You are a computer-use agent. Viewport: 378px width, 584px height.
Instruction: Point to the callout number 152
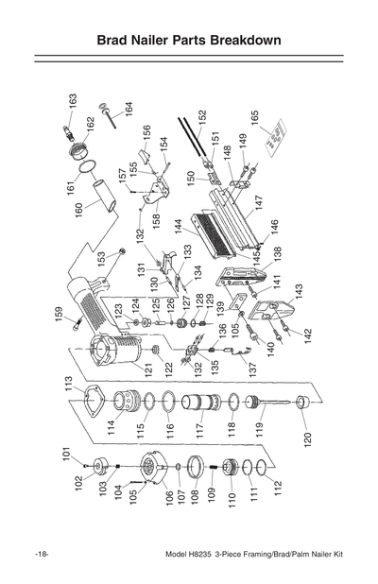201,118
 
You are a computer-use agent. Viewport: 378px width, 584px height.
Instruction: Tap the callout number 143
299,290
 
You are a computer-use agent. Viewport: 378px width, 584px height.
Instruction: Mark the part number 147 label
257,203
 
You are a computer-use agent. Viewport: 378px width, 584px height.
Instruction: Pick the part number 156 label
146,131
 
